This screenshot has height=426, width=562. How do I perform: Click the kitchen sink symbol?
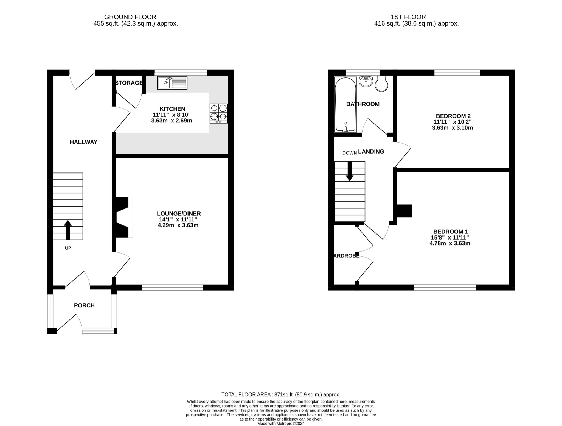pos(172,83)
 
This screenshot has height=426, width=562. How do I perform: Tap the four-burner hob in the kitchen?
pos(218,113)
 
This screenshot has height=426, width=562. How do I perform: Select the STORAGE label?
pos(129,83)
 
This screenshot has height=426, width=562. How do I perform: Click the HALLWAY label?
pos(83,142)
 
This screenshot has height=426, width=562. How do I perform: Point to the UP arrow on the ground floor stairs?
pos(68,230)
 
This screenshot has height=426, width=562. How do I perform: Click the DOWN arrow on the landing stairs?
pos(349,171)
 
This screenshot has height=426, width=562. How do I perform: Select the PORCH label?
pos(84,305)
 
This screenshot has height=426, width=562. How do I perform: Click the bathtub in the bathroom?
pos(345,104)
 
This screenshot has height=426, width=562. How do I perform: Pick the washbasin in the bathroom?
pos(366,81)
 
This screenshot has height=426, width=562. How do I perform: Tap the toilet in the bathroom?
pos(381,83)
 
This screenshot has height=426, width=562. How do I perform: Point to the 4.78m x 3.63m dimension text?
pos(450,243)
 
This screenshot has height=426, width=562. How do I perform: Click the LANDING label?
pos(371,151)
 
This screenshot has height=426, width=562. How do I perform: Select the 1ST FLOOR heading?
pos(408,17)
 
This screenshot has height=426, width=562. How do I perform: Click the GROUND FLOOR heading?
pos(130,17)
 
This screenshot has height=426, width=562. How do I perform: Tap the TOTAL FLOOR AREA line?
pos(281,394)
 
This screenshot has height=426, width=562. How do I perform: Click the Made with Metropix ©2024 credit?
pos(281,424)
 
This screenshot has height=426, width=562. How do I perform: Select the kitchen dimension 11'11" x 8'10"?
pos(172,115)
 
